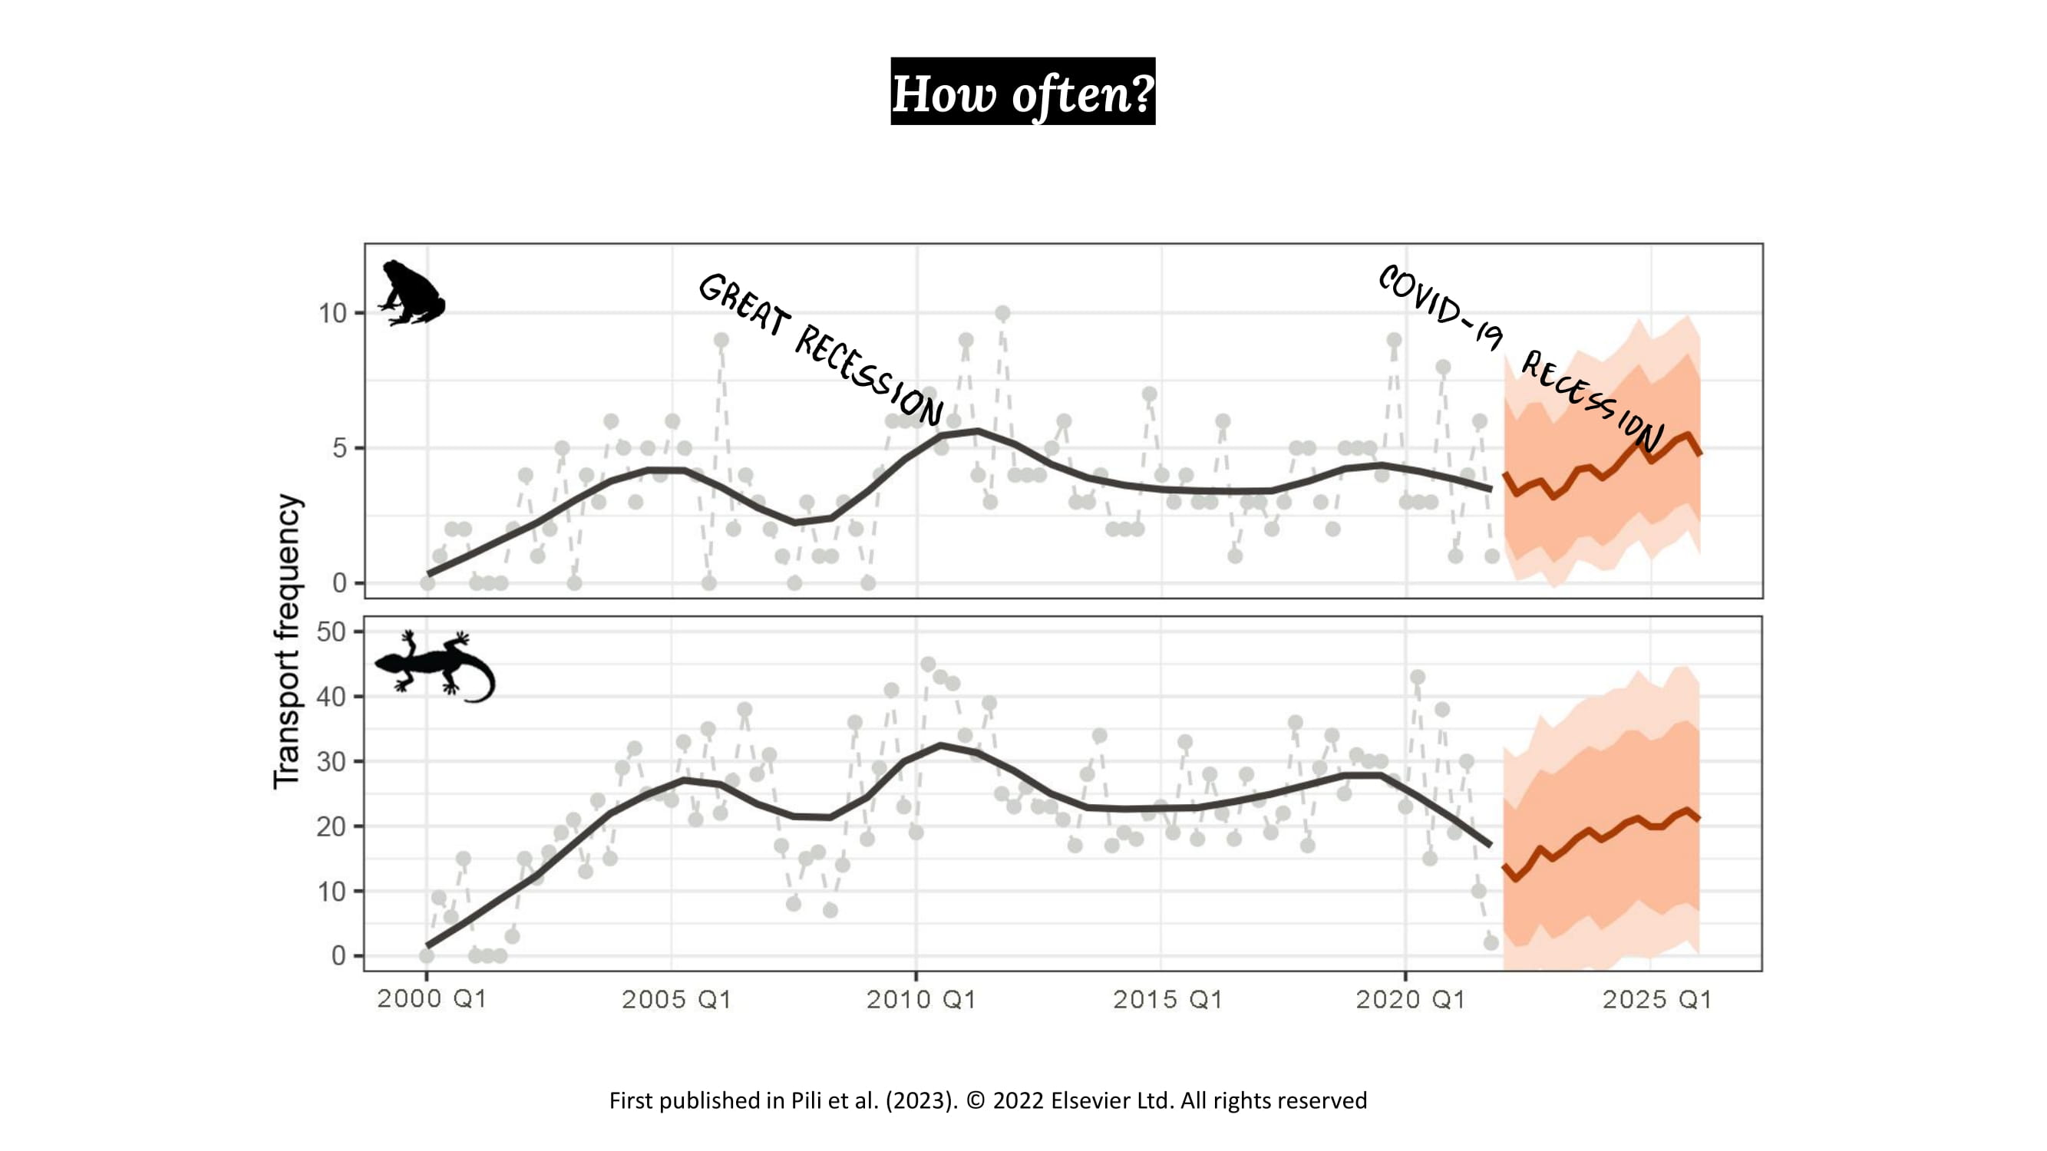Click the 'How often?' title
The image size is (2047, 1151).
(x=1022, y=92)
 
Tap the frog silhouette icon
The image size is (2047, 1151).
(x=411, y=293)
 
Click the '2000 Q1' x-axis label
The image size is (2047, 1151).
(x=431, y=998)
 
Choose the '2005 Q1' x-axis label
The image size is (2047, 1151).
(x=676, y=998)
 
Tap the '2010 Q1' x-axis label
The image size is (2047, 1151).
(x=921, y=998)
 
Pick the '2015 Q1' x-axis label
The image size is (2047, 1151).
(x=1167, y=998)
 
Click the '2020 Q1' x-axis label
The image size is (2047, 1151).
(x=1411, y=998)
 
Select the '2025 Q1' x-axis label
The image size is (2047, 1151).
(x=1657, y=998)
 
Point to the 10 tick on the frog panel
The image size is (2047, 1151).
(x=333, y=314)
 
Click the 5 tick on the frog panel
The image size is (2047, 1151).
(x=340, y=449)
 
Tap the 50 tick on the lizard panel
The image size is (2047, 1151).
(x=332, y=632)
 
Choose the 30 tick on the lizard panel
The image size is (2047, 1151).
(x=332, y=762)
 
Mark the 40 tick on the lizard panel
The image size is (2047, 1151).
(x=332, y=698)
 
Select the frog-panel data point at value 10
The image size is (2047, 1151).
(x=1003, y=314)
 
